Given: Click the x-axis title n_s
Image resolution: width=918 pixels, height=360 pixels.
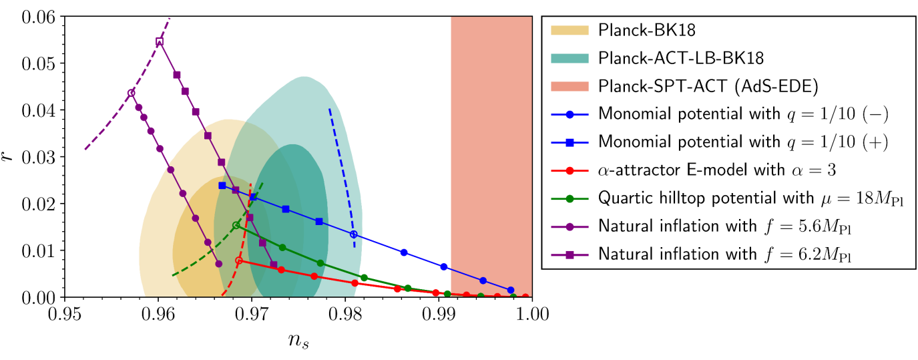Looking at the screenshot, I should (298, 341).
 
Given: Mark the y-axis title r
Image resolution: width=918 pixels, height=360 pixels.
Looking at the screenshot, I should (11, 158).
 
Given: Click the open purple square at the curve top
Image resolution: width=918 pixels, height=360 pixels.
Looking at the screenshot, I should (160, 42).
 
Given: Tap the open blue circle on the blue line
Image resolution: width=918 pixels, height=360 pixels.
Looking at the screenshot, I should (354, 234).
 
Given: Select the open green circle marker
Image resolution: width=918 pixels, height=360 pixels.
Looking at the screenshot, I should (236, 225).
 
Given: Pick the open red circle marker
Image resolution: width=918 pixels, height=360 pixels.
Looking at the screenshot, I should (239, 260).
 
